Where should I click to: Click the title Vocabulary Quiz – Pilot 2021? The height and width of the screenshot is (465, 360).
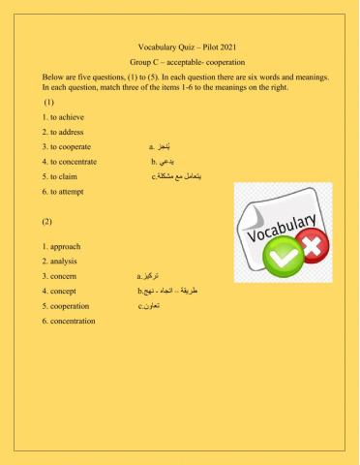click(x=179, y=46)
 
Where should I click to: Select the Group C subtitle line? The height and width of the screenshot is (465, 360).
click(x=179, y=61)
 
